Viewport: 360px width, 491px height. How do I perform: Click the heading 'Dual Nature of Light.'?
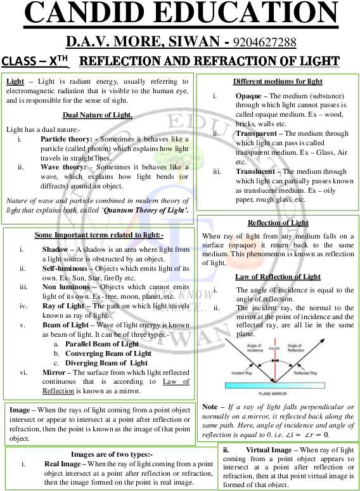(x=98, y=115)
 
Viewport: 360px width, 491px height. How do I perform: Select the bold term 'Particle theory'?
(x=67, y=138)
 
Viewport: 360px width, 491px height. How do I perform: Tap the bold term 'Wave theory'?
(x=63, y=166)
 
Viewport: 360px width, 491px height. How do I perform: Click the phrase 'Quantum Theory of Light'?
(x=154, y=209)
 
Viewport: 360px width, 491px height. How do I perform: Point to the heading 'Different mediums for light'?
(x=278, y=81)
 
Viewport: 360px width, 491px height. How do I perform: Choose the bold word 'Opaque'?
(x=248, y=96)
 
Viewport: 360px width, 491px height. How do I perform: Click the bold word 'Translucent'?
(x=258, y=171)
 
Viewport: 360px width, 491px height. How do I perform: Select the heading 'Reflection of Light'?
(x=278, y=223)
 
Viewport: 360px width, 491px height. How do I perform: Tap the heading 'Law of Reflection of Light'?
(x=278, y=277)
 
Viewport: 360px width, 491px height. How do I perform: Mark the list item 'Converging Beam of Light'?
(x=108, y=353)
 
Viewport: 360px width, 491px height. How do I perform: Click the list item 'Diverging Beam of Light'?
(x=106, y=363)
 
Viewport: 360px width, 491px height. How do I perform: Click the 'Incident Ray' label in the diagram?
(x=243, y=373)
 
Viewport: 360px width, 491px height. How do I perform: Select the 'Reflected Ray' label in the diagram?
(x=305, y=374)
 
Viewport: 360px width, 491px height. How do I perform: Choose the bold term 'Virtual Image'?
(x=269, y=450)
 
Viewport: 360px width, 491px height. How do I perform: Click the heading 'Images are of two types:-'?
(x=112, y=455)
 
